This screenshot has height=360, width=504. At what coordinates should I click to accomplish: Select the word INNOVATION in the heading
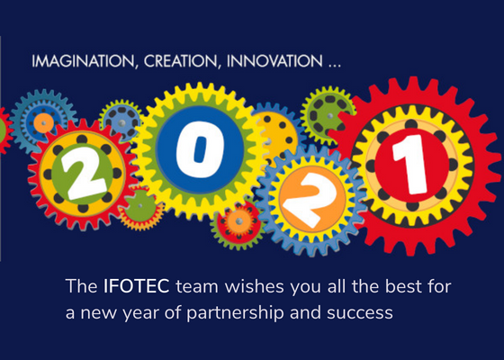[x=274, y=61]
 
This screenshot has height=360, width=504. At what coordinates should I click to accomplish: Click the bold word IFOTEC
[x=136, y=286]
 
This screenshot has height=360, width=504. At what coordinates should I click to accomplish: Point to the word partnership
[x=235, y=313]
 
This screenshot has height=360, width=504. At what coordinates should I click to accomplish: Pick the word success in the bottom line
[x=360, y=313]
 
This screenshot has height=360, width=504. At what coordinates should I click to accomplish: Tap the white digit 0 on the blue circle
[x=200, y=149]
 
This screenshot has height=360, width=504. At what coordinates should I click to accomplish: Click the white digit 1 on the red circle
[x=411, y=165]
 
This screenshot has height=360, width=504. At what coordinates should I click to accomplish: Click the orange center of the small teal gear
[x=43, y=122]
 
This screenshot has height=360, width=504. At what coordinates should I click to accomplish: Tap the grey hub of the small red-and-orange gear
[x=238, y=221]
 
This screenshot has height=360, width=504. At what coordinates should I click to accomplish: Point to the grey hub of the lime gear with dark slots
[x=329, y=116]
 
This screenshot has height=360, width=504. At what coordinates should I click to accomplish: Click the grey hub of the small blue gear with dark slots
[x=121, y=123]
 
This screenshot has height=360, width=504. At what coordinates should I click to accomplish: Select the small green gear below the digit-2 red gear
[x=140, y=206]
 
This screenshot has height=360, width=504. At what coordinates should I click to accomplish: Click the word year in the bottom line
[x=139, y=314]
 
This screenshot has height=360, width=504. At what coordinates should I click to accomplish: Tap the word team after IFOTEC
[x=197, y=286]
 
